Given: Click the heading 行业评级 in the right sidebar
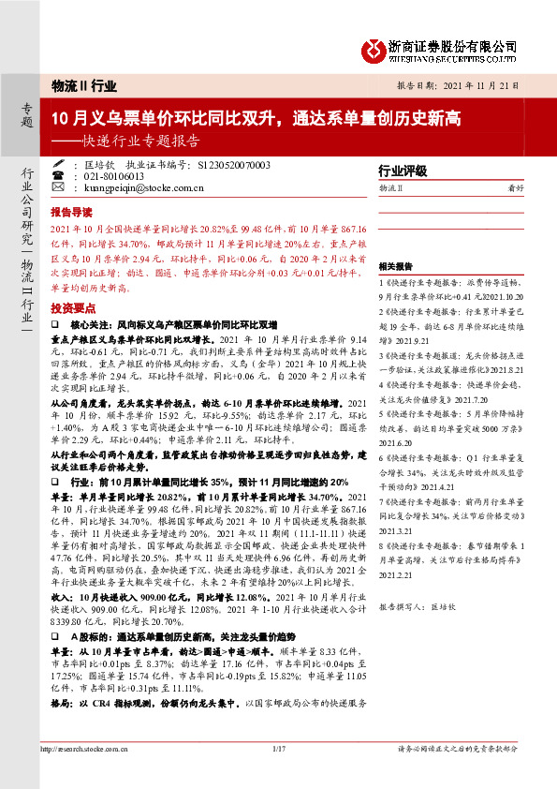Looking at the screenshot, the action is [402, 171].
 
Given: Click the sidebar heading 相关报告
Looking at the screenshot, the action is [395, 266].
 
